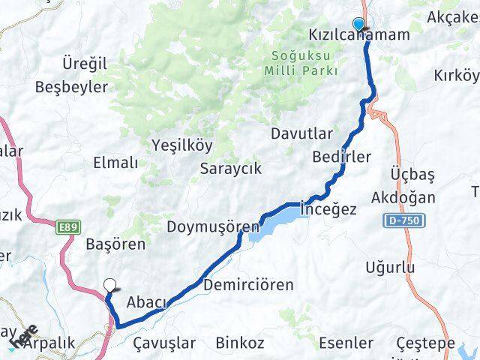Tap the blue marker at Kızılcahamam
pyautogui.click(x=358, y=24)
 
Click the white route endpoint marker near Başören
pyautogui.click(x=110, y=285)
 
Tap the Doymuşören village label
pyautogui.click(x=213, y=226)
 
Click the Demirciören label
pyautogui.click(x=248, y=285)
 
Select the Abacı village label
pyautogui.click(x=146, y=301)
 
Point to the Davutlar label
pyautogui.click(x=301, y=133)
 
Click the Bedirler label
pyautogui.click(x=341, y=157)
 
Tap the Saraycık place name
pyautogui.click(x=231, y=169)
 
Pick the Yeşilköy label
pyautogui.click(x=182, y=145)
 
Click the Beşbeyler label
pyautogui.click(x=72, y=87)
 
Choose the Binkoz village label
pyautogui.click(x=240, y=343)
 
